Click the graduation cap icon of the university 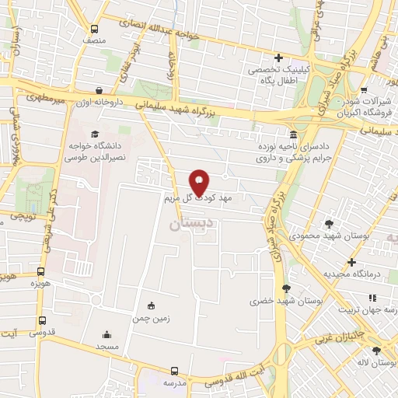[x=83, y=134]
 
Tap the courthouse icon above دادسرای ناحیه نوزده [x=292, y=134]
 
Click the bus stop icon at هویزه [x=40, y=273]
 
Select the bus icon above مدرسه [x=176, y=372]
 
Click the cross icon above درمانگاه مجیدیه [x=352, y=262]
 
